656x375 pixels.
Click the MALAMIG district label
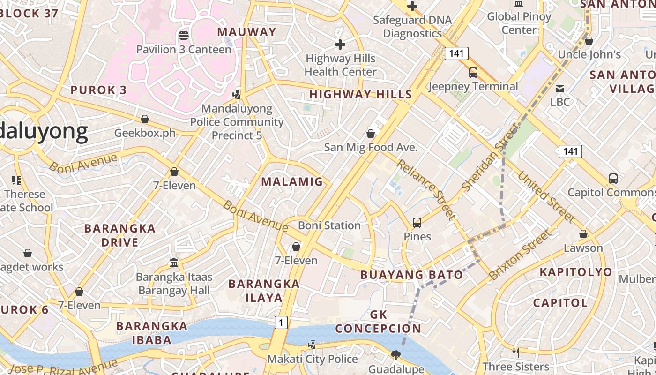pyautogui.click(x=292, y=182)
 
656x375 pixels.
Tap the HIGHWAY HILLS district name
pyautogui.click(x=360, y=94)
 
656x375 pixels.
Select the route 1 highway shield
pyautogui.click(x=281, y=322)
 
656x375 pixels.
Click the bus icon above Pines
pyautogui.click(x=417, y=223)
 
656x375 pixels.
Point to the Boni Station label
pyautogui.click(x=329, y=225)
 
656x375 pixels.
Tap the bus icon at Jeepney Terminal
pyautogui.click(x=473, y=73)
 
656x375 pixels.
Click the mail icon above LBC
pyautogui.click(x=559, y=88)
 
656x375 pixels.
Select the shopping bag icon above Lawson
pyautogui.click(x=583, y=234)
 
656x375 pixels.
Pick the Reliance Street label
pyautogui.click(x=425, y=189)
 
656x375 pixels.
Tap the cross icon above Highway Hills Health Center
pyautogui.click(x=340, y=45)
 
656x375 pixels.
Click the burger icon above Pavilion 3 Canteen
pyautogui.click(x=184, y=35)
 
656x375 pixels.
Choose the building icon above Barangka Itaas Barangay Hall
pyautogui.click(x=174, y=262)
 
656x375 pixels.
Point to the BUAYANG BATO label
pyautogui.click(x=411, y=275)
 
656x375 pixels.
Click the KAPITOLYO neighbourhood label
pyautogui.click(x=575, y=272)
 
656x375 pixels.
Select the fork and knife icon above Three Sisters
pyautogui.click(x=516, y=352)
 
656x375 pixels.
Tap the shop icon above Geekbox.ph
pyautogui.click(x=145, y=120)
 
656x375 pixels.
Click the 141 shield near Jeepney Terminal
pyautogui.click(x=456, y=53)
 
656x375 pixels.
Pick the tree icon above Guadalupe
pyautogui.click(x=396, y=355)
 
